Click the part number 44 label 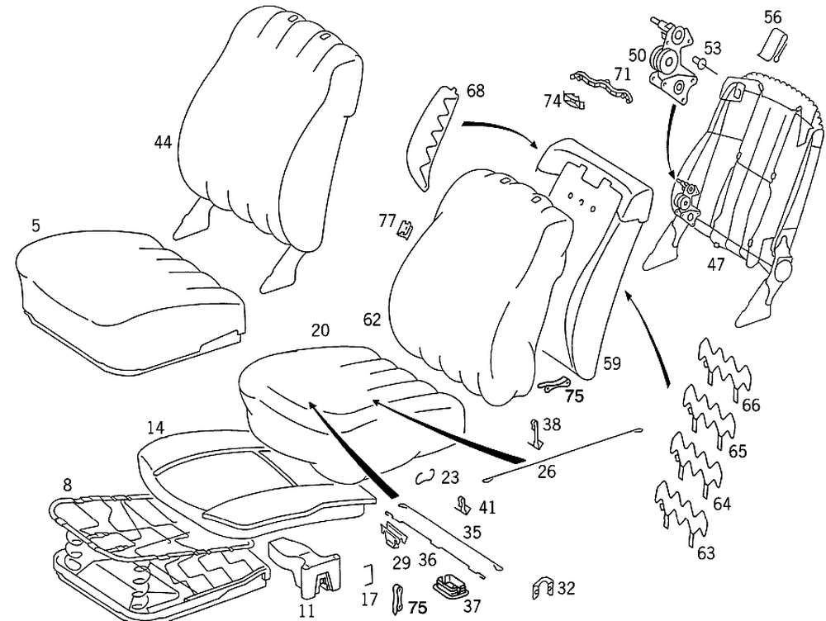click(x=163, y=143)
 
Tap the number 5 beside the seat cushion click(x=36, y=225)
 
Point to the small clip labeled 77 click(x=406, y=228)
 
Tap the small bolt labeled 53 click(x=699, y=63)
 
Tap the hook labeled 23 click(x=425, y=476)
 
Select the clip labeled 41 click(x=463, y=503)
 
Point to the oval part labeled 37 click(x=451, y=585)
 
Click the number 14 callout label click(x=155, y=428)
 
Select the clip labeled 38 click(x=535, y=432)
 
